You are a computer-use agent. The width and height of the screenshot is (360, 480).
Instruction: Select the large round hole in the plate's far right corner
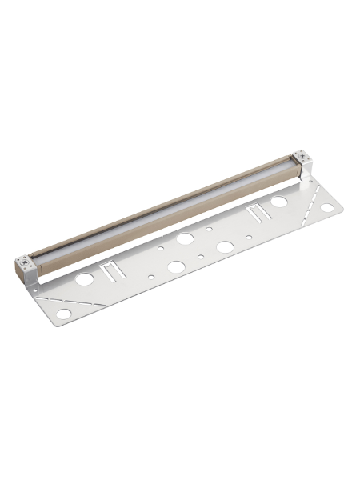pyautogui.click(x=327, y=209)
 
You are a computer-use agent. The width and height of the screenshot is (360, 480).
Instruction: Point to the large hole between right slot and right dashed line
pyautogui.click(x=279, y=202)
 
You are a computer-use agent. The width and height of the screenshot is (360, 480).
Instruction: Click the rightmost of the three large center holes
pyautogui.click(x=225, y=247)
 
